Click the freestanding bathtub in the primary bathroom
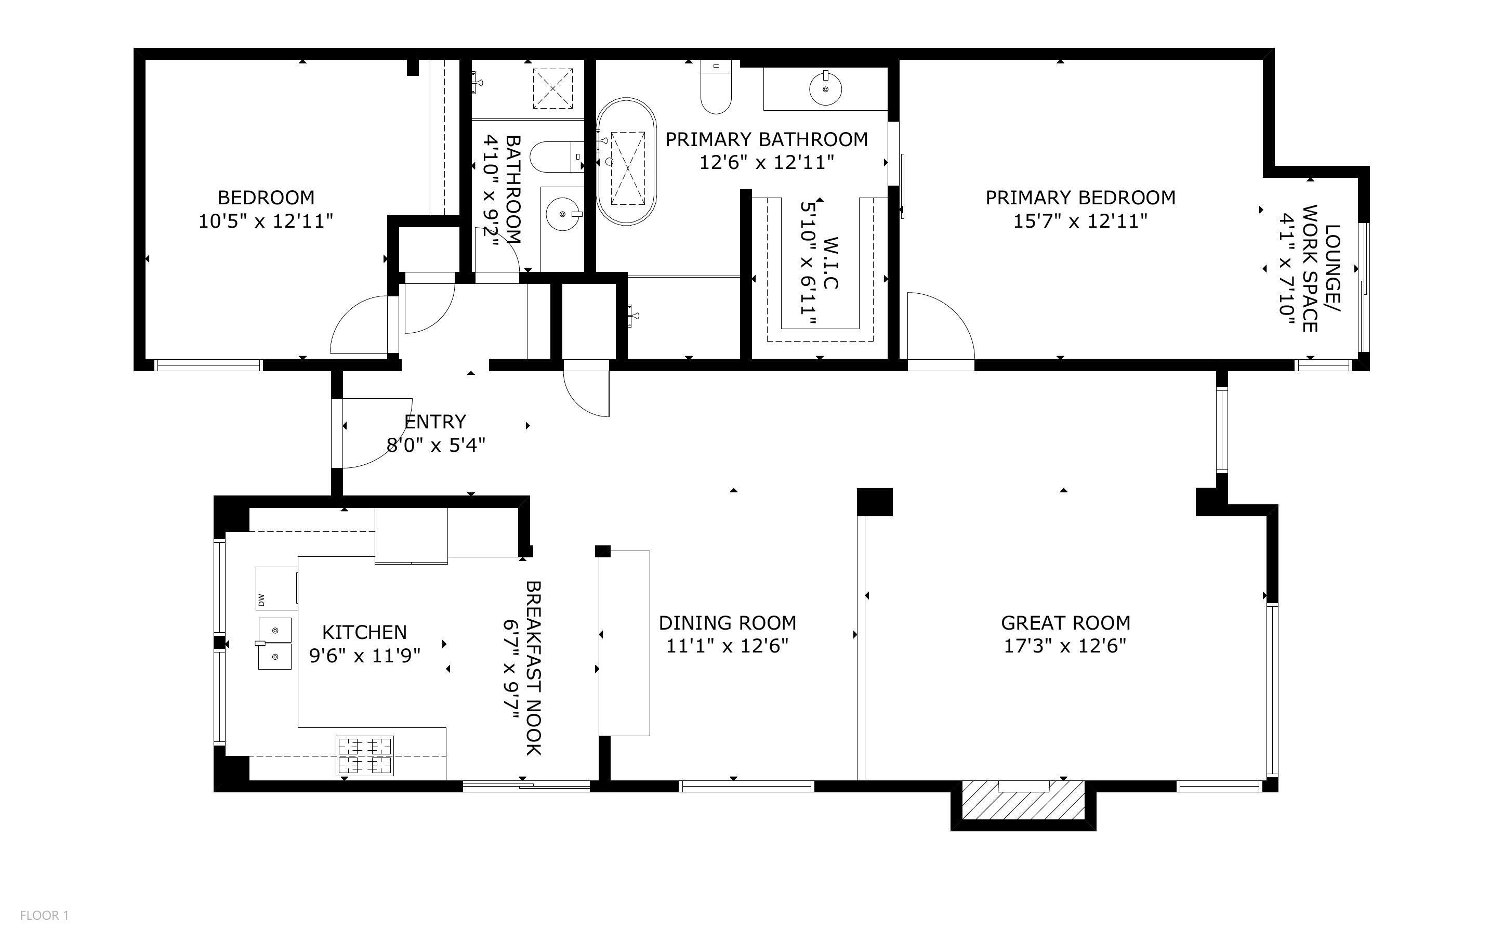pos(626,161)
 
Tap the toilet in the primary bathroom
pos(716,87)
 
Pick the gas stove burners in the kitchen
pos(365,755)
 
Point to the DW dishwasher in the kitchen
pos(276,588)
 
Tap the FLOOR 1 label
pos(44,915)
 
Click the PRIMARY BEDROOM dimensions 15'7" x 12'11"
pos(1080,220)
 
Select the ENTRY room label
pos(435,422)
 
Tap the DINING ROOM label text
pos(728,622)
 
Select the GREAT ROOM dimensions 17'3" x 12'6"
pos(1065,646)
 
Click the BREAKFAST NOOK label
pos(534,668)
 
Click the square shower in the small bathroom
pos(552,88)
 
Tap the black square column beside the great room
pos(874,502)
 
